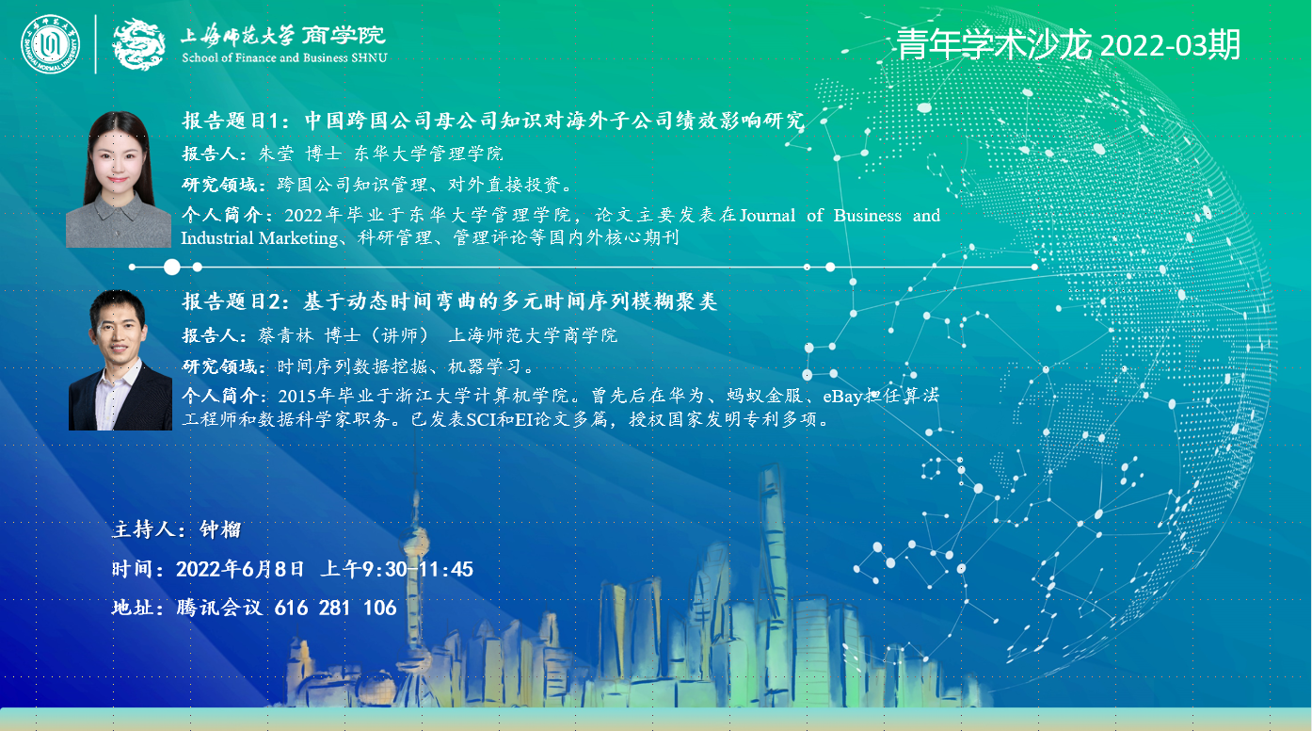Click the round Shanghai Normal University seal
pos(51,44)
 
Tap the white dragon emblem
pos(138,44)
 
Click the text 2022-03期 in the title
pos(1170,45)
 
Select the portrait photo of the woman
pos(119,179)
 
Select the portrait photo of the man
pos(120,360)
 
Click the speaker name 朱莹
pos(276,154)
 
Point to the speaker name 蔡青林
pos(285,335)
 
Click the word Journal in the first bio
pos(767,216)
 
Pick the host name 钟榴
pos(220,530)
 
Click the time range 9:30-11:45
pos(418,569)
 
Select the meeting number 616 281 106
pos(335,608)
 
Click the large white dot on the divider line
pos(171,268)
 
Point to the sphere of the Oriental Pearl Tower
pos(415,540)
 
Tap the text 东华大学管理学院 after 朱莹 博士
pos(428,154)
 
